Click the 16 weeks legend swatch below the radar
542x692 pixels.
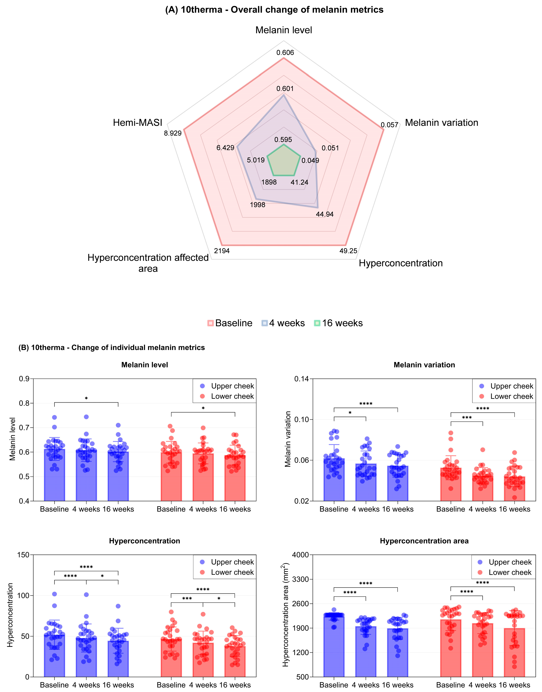tap(317, 323)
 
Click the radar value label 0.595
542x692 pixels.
tap(283, 140)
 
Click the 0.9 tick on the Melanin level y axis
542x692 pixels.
tap(24, 379)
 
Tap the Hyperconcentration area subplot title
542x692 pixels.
tap(424, 541)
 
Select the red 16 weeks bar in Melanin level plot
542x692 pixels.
tap(235, 478)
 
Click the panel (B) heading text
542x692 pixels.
tap(112, 347)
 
